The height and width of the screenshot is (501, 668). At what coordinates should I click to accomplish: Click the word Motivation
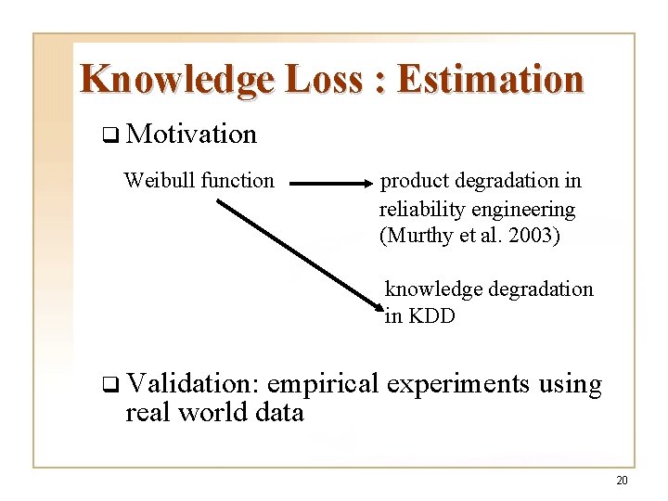point(191,135)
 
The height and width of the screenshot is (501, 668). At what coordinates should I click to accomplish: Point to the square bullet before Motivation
point(109,135)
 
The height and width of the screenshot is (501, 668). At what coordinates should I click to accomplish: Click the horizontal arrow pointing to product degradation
point(329,184)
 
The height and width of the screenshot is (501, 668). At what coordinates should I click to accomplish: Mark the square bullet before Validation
point(109,384)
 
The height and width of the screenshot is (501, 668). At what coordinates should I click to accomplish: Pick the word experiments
point(458,383)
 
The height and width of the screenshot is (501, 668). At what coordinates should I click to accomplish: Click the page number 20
point(622,480)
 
